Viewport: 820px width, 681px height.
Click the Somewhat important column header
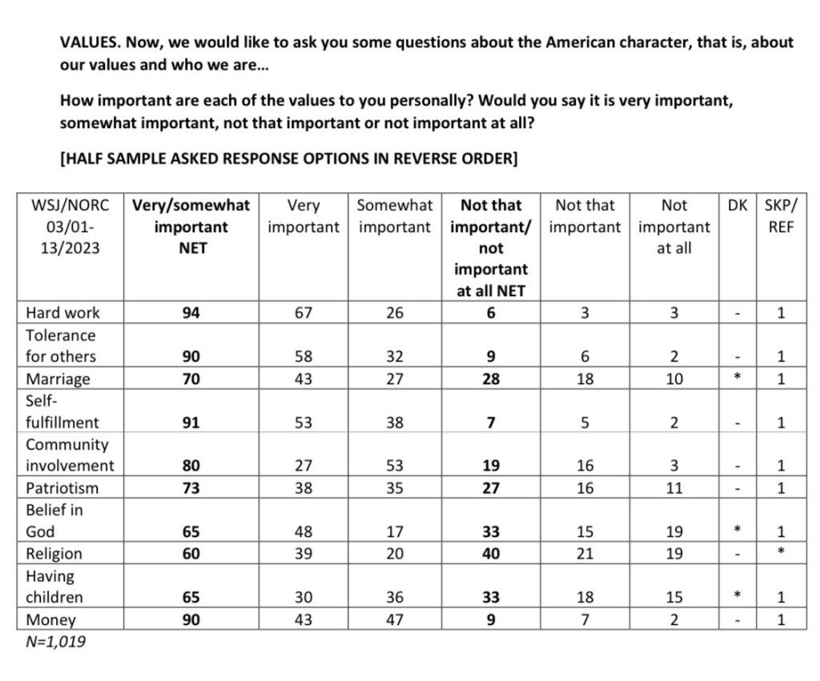395,217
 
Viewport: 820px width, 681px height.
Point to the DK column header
737,206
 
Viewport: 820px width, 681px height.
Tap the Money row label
50,620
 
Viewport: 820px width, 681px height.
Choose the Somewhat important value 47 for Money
395,620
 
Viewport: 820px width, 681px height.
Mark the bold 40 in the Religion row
491,555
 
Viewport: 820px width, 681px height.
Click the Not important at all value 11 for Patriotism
674,488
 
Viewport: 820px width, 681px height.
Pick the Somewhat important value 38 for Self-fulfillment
395,423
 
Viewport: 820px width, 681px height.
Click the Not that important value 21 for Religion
585,555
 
